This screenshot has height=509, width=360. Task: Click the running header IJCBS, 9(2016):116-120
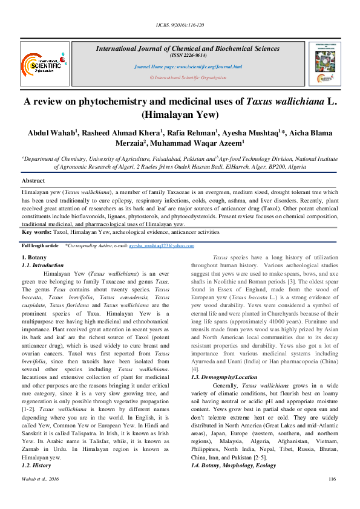pos(180,25)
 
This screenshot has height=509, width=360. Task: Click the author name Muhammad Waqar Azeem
pos(196,144)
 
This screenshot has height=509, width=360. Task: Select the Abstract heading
pos(33,181)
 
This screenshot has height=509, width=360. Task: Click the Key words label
pos(36,232)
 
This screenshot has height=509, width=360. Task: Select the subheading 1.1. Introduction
pos(42,265)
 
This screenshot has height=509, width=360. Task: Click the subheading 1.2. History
pos(37,449)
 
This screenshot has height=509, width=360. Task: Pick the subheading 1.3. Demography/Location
pos(224,377)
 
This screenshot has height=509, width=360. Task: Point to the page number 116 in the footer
pos(331,496)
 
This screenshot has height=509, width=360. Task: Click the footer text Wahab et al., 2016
pos(40,496)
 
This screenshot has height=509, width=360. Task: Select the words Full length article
pos(40,246)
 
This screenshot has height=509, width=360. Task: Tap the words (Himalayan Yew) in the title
pos(180,115)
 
